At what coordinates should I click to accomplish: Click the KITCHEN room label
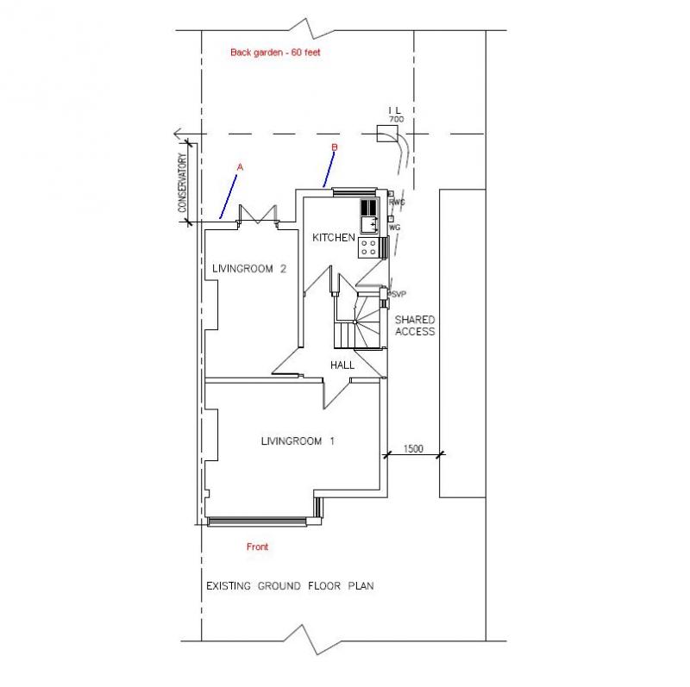(x=334, y=238)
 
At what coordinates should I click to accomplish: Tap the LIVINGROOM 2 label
(x=249, y=268)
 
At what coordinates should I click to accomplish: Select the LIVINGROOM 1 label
(x=298, y=440)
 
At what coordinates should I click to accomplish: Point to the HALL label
(x=342, y=365)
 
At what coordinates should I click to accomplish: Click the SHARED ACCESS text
(x=415, y=326)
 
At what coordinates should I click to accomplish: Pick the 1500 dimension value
(x=413, y=448)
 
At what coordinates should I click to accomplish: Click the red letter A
(x=240, y=167)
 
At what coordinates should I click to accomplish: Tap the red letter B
(x=334, y=147)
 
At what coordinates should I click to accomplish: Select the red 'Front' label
(x=257, y=546)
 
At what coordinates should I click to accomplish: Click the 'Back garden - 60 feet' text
(x=275, y=53)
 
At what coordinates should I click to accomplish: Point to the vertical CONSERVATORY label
(x=182, y=183)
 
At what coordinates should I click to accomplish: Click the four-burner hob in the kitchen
(x=369, y=247)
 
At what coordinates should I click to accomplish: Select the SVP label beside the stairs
(x=398, y=294)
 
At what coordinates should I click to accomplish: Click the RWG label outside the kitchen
(x=397, y=203)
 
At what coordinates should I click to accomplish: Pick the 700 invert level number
(x=396, y=119)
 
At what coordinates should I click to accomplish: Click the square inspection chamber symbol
(x=387, y=134)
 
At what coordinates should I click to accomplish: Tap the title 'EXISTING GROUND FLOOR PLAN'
(x=290, y=586)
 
